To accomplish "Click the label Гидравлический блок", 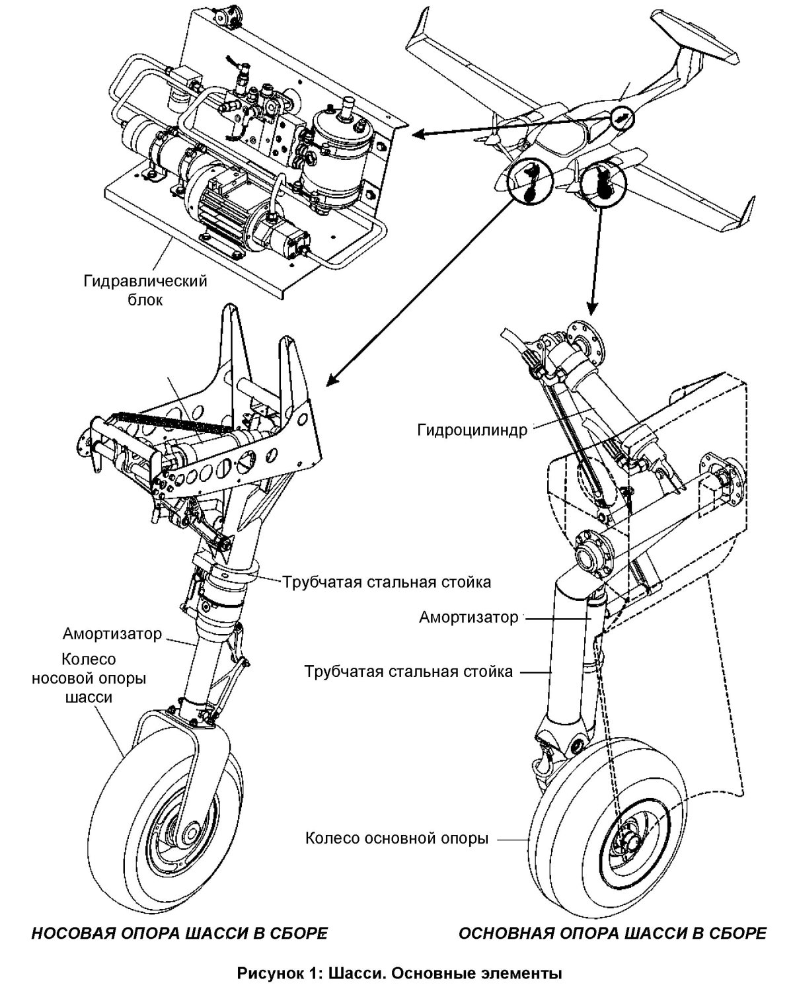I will pyautogui.click(x=145, y=290).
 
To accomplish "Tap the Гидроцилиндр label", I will pyautogui.click(x=472, y=431).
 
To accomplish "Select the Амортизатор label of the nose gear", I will pyautogui.click(x=112, y=634).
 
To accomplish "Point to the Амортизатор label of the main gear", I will pyautogui.click(x=469, y=617).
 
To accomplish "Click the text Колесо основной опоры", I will pyautogui.click(x=397, y=839).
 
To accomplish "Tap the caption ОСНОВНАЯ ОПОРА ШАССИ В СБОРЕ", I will pyautogui.click(x=612, y=916).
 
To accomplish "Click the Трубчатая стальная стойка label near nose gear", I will pyautogui.click(x=387, y=582).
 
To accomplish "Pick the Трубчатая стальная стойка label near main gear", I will pyautogui.click(x=408, y=672).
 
